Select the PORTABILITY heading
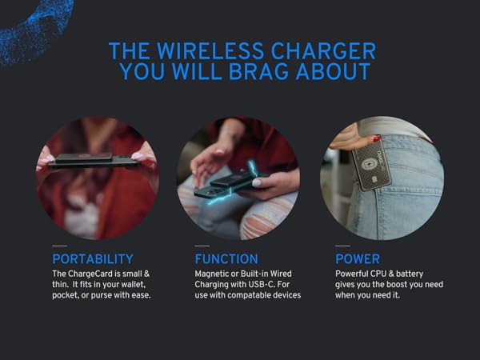point(93,259)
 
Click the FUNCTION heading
point(226,259)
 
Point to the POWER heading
point(358,259)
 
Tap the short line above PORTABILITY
point(59,246)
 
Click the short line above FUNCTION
point(202,246)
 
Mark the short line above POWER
point(342,246)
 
